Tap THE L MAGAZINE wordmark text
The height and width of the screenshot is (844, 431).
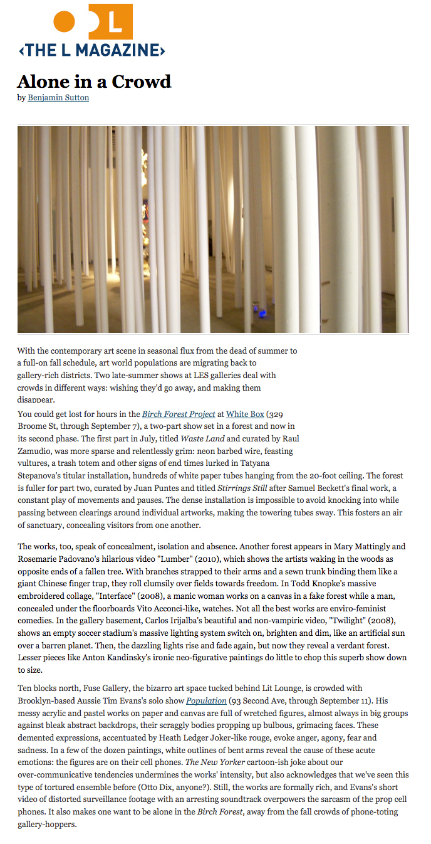[92, 50]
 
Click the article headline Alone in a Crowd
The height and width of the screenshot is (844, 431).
[94, 82]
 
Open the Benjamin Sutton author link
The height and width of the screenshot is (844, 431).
[58, 98]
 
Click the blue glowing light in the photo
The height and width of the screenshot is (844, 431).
[262, 313]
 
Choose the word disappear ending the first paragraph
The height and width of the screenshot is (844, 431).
[36, 399]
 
